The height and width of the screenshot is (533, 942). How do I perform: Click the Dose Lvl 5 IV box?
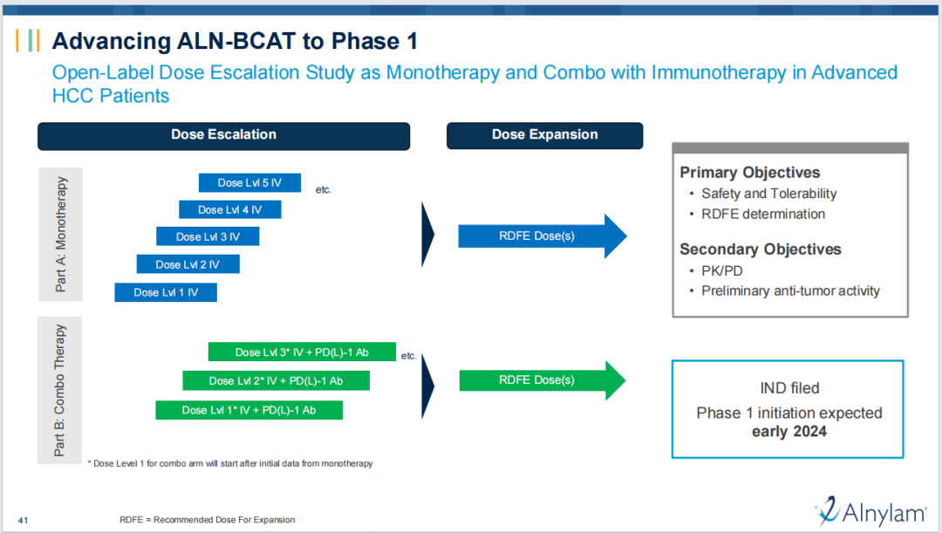pyautogui.click(x=250, y=182)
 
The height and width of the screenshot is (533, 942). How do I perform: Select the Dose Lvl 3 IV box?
pyautogui.click(x=208, y=236)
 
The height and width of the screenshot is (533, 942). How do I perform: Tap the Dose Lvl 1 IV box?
pyautogui.click(x=166, y=292)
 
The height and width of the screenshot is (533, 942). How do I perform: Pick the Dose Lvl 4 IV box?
pyautogui.click(x=230, y=209)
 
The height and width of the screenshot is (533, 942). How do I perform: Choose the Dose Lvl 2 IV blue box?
pyautogui.click(x=188, y=263)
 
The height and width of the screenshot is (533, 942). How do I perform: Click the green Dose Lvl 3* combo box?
pyautogui.click(x=302, y=352)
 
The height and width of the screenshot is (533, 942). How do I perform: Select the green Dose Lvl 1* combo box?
pyautogui.click(x=249, y=410)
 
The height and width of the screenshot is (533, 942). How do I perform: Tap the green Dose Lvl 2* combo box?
pyautogui.click(x=276, y=380)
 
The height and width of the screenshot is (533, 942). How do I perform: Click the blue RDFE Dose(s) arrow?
pyautogui.click(x=543, y=236)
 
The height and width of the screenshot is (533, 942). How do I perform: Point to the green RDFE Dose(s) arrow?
pyautogui.click(x=543, y=380)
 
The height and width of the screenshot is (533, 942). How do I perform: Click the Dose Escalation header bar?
pyautogui.click(x=223, y=136)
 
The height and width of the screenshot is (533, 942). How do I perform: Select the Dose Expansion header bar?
pyautogui.click(x=545, y=135)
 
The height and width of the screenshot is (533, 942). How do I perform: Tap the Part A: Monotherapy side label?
pyautogui.click(x=61, y=235)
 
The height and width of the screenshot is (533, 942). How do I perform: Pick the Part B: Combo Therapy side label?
pyautogui.click(x=59, y=390)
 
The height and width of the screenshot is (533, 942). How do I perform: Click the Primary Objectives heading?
pyautogui.click(x=750, y=173)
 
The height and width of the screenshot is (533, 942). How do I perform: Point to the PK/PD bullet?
pyautogui.click(x=721, y=271)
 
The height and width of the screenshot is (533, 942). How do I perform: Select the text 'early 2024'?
pyautogui.click(x=789, y=432)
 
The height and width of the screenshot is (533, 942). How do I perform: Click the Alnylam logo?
pyautogui.click(x=871, y=512)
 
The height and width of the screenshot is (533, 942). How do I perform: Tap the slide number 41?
pyautogui.click(x=23, y=521)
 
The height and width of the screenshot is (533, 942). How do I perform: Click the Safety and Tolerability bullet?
pyautogui.click(x=768, y=194)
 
